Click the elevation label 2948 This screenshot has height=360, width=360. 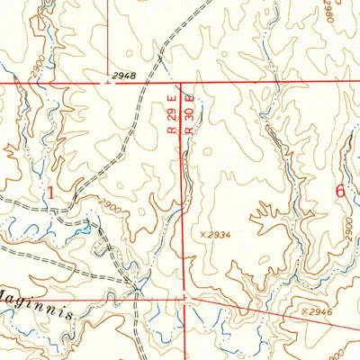[x=126, y=76]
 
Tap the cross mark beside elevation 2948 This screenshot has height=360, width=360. [x=108, y=83]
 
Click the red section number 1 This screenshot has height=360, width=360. [x=50, y=191]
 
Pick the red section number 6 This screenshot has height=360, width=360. [x=339, y=190]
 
